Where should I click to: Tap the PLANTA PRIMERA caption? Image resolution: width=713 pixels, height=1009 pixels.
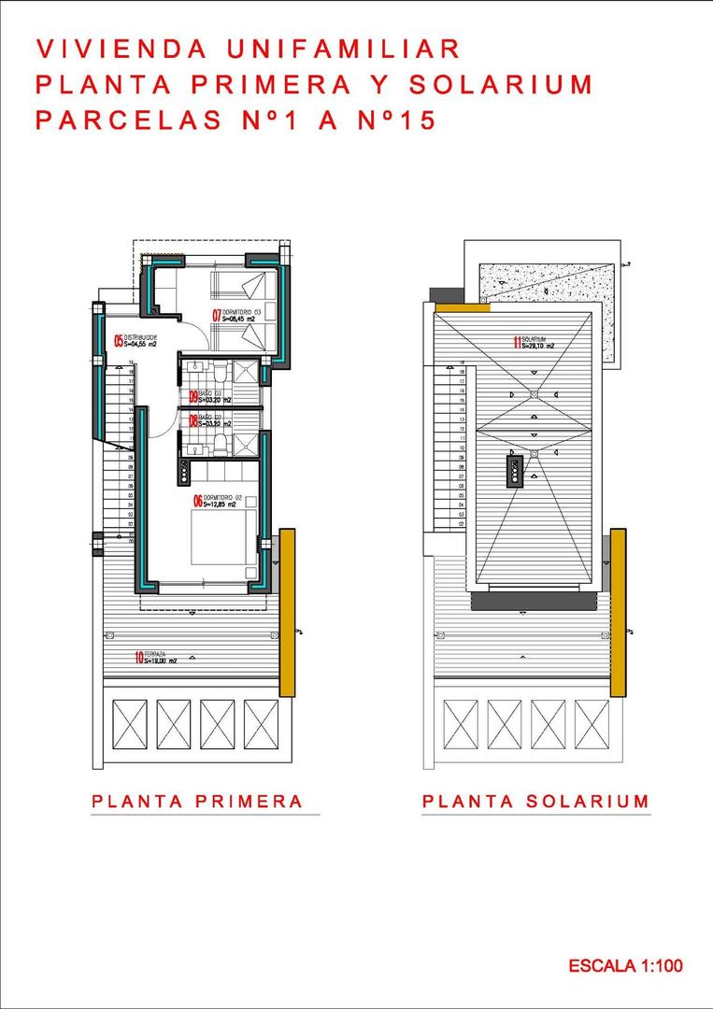[197, 801]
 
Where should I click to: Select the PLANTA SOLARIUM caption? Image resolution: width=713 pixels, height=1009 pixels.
[535, 801]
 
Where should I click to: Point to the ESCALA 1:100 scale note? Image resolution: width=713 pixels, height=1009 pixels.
[625, 965]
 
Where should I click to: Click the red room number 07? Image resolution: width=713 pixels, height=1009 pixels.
[217, 315]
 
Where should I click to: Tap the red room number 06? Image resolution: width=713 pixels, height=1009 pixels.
[198, 501]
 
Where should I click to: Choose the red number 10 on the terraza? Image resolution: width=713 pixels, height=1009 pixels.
[139, 658]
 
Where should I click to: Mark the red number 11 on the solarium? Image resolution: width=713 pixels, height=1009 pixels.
[517, 342]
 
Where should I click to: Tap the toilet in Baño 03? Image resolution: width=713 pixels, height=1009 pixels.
[216, 373]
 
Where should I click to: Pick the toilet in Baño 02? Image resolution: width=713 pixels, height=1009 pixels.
[216, 442]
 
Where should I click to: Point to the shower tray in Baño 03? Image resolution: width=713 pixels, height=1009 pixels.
[244, 371]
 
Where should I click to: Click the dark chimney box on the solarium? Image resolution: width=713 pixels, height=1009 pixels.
[515, 471]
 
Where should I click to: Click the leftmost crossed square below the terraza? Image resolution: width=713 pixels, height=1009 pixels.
[130, 724]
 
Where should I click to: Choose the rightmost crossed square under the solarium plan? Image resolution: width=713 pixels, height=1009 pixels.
[592, 724]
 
